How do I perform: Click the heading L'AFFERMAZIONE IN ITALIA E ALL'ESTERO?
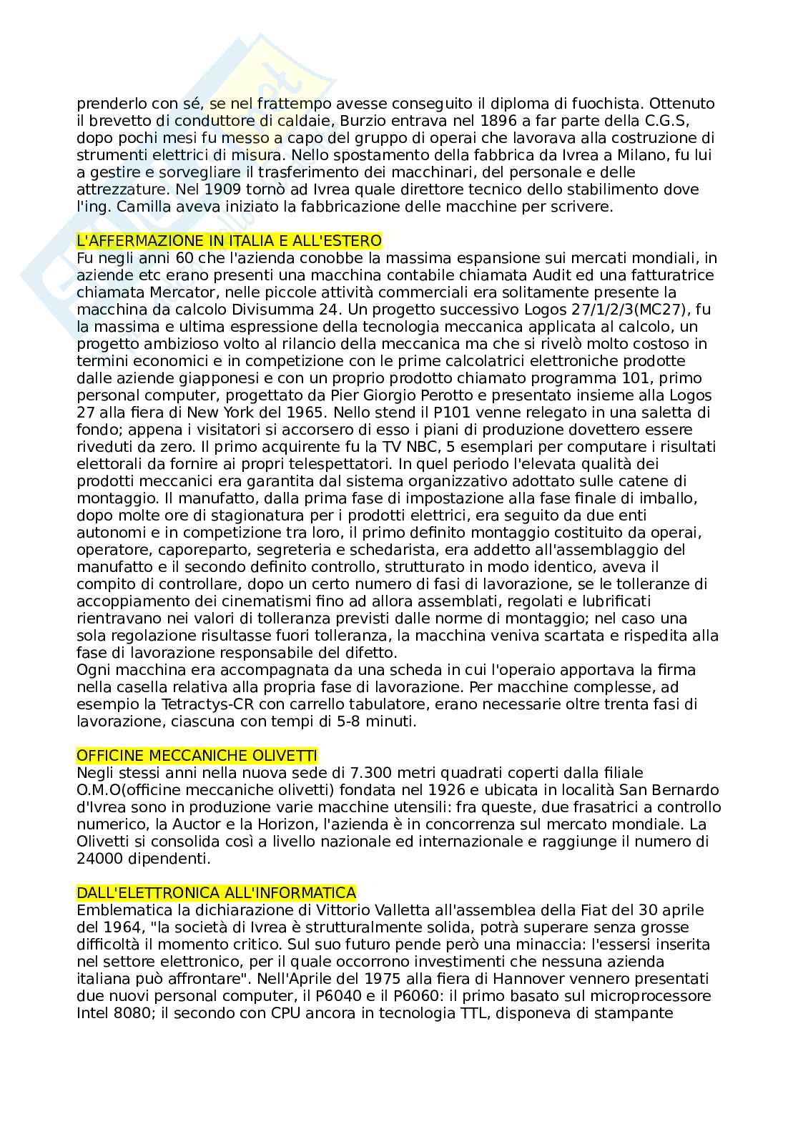tap(229, 240)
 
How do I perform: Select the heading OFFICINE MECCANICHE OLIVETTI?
tap(197, 755)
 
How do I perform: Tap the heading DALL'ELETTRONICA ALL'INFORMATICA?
tap(216, 892)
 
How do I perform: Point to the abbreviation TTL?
tap(463, 1012)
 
